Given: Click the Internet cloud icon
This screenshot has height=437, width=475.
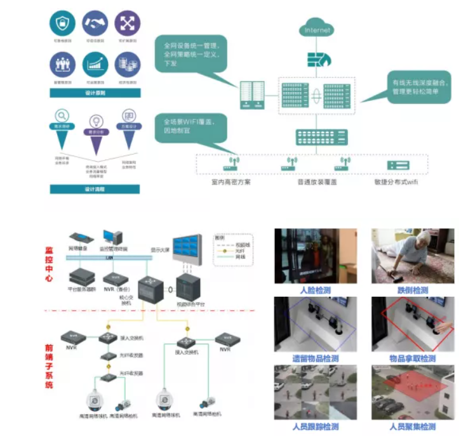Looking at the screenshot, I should point(318,29).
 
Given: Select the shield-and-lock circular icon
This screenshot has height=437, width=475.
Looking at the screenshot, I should point(62,22).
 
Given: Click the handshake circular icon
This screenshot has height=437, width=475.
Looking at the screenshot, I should point(95,22).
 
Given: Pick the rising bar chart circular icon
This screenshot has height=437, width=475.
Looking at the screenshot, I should point(95,64).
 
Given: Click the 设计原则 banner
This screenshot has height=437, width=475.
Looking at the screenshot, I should point(95,93).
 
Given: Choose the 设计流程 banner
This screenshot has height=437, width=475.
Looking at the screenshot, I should point(95,189).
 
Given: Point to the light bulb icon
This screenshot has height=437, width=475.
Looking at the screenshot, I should point(95,121).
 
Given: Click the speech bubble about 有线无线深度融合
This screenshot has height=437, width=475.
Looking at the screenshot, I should point(419,87).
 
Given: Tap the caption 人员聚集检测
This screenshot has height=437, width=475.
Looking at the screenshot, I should point(413,427).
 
